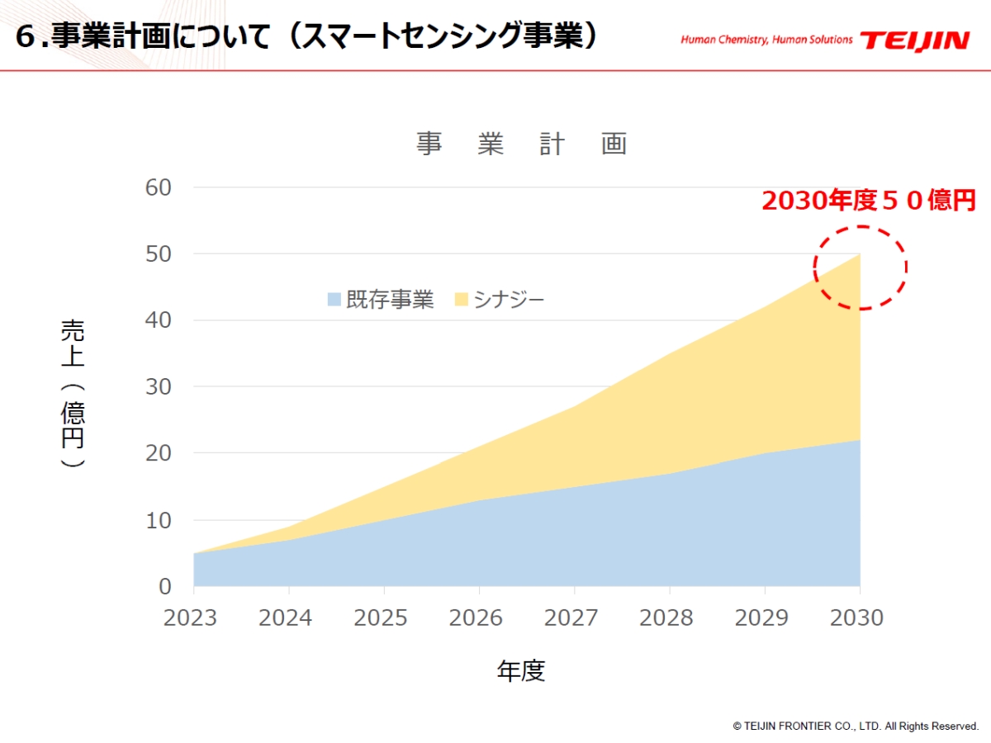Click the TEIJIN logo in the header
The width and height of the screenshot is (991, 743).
[914, 40]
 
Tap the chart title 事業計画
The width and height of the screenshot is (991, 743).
[521, 144]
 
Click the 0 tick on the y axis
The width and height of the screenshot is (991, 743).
[165, 586]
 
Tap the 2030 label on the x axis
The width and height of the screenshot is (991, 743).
[856, 618]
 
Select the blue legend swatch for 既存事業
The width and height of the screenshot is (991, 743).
[334, 299]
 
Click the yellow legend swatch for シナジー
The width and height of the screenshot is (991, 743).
[462, 299]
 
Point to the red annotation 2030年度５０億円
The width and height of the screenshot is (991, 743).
[869, 201]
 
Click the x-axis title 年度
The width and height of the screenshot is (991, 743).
[521, 670]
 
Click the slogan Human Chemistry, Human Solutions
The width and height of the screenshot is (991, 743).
[766, 40]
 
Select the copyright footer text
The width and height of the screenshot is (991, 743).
[856, 726]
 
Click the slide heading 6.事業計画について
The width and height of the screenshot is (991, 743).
[306, 37]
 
